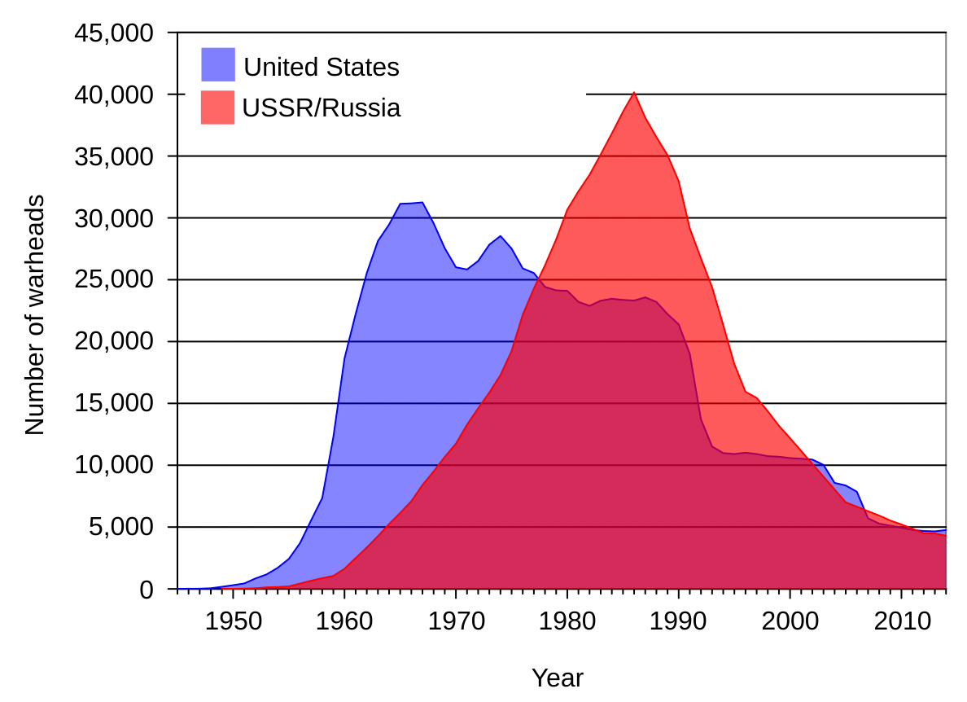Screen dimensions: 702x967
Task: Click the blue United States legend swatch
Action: (x=217, y=64)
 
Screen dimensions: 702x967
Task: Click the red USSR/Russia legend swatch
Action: (x=217, y=107)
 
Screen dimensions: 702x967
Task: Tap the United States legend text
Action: (x=322, y=67)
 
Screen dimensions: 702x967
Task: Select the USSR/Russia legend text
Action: (x=322, y=108)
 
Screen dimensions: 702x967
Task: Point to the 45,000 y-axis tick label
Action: (x=113, y=33)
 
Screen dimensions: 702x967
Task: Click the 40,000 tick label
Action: (x=113, y=94)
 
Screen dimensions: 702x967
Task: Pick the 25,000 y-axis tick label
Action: (x=113, y=279)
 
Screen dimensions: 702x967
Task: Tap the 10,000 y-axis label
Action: (x=113, y=465)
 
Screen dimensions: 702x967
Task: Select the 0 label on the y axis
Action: (x=147, y=589)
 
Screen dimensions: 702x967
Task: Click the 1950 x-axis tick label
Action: (x=233, y=621)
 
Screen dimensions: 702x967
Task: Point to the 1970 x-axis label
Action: (x=456, y=621)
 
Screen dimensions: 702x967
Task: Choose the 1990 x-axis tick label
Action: (x=678, y=621)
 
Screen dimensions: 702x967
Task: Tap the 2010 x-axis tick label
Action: (x=901, y=621)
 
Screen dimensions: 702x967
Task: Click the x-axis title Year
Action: (x=558, y=678)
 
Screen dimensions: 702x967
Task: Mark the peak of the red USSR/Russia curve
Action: (x=634, y=93)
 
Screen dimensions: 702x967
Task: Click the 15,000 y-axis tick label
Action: (x=113, y=403)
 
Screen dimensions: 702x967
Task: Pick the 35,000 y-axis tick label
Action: (x=113, y=156)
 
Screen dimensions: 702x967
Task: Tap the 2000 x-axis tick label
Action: (x=790, y=621)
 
